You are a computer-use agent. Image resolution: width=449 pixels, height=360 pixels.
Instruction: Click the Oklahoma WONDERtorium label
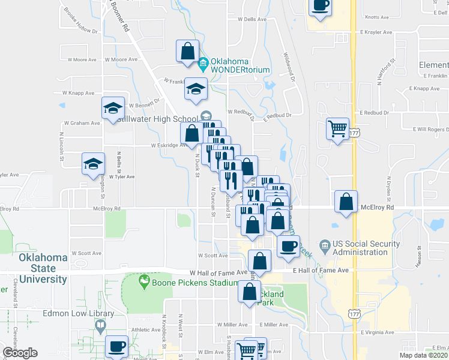tap(240, 65)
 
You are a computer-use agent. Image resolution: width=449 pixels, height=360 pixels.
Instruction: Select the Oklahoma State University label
tap(43, 268)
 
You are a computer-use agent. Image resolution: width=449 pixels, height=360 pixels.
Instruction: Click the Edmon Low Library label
tap(78, 313)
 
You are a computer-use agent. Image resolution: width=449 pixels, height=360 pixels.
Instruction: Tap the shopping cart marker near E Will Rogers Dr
tap(337, 127)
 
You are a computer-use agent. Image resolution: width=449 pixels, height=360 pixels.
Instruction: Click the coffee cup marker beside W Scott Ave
tap(288, 245)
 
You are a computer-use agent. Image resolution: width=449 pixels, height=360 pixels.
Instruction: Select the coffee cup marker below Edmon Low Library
tap(116, 346)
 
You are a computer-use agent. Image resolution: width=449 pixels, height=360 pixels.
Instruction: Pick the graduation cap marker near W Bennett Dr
tap(113, 107)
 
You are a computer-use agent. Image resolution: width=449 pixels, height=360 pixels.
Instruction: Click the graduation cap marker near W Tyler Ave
tap(94, 163)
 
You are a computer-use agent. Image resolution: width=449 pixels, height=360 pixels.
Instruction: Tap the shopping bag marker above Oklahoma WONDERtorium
tap(187, 50)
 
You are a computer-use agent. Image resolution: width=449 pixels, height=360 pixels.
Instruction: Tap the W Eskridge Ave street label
tap(169, 145)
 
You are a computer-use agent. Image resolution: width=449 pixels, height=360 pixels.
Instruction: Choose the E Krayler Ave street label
tap(376, 32)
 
